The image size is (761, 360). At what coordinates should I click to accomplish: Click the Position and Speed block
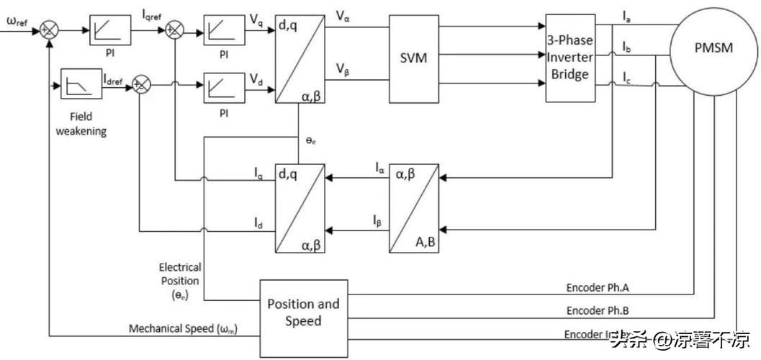303,312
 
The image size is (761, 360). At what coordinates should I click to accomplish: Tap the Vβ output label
343,70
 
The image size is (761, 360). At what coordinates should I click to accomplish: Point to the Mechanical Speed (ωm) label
183,329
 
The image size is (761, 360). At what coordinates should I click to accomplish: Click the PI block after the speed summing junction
110,30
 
